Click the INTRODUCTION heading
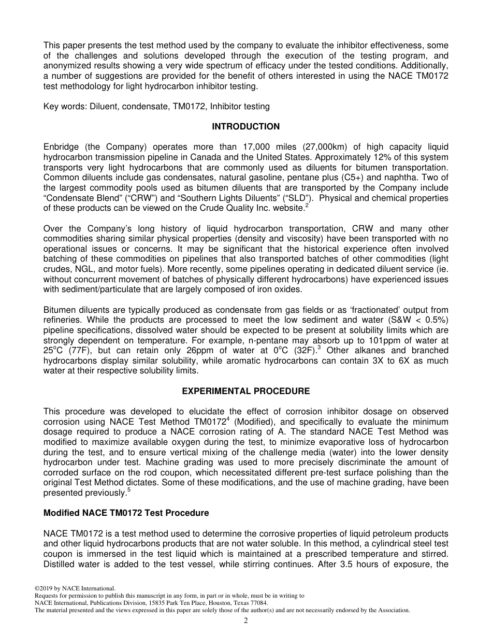click(x=245, y=127)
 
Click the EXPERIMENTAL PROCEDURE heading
click(x=245, y=391)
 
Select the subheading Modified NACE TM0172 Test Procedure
click(x=126, y=513)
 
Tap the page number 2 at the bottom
click(x=246, y=621)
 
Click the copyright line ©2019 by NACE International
click(x=75, y=588)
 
